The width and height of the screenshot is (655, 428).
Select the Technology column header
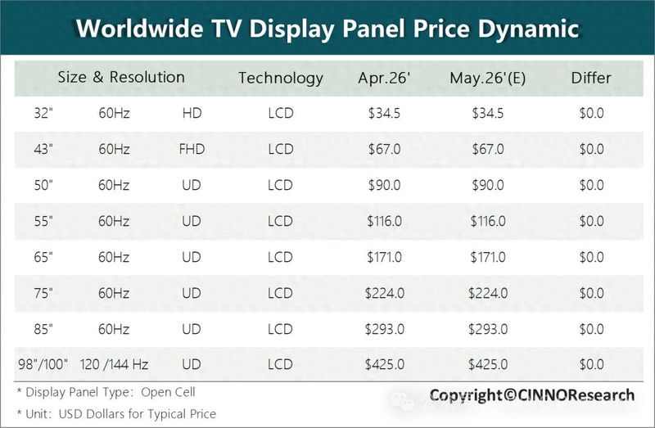[281, 78]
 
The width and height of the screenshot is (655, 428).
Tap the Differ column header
[591, 78]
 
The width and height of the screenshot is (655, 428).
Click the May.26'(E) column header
[487, 78]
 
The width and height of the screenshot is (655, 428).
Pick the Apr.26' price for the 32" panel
[384, 113]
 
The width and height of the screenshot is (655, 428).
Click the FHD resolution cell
[192, 149]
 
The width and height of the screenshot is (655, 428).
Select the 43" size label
[43, 149]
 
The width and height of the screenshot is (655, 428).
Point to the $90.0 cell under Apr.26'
[384, 185]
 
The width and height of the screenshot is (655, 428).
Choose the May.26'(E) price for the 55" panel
[488, 221]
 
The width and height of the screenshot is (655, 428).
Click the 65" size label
[43, 257]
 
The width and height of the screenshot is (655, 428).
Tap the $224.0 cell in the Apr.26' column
[384, 293]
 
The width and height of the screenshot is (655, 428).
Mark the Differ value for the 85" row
[591, 329]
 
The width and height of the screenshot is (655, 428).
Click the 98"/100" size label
[43, 364]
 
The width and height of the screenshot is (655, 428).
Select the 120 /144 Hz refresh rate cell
[114, 364]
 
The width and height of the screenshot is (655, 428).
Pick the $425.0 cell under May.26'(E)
[488, 364]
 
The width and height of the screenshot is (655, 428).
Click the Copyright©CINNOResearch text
[531, 395]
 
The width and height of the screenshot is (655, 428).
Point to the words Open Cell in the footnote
[168, 392]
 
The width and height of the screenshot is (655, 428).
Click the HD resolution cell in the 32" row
[192, 113]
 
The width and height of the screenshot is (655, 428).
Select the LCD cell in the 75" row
[280, 293]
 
